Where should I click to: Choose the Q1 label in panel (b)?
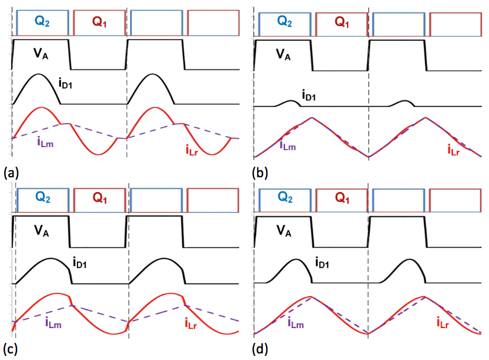(341, 22)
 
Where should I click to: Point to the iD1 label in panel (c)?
(81, 261)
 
